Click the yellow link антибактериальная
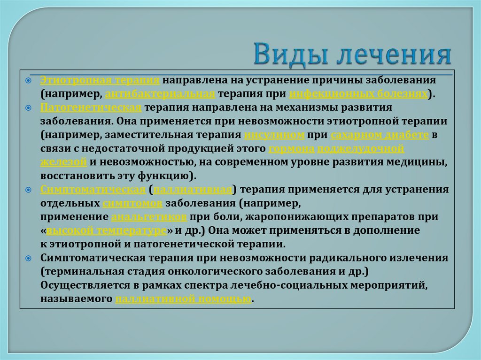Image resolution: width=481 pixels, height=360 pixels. pyautogui.click(x=160, y=94)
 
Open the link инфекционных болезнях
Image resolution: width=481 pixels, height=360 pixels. pyautogui.click(x=358, y=94)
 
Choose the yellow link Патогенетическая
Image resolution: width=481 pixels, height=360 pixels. pyautogui.click(x=91, y=107)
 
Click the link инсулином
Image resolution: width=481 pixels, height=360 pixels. pyautogui.click(x=275, y=135)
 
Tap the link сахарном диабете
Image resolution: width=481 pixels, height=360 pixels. pyautogui.click(x=380, y=135)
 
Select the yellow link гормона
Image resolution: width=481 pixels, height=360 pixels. pyautogui.click(x=291, y=148)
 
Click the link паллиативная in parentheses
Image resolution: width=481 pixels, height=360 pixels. pyautogui.click(x=193, y=190)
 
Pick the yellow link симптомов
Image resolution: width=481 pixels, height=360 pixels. pyautogui.click(x=132, y=203)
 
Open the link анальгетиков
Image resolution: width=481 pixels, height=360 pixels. pyautogui.click(x=150, y=217)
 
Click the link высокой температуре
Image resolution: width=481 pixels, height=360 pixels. pyautogui.click(x=107, y=230)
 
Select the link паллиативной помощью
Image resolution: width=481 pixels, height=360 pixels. pyautogui.click(x=183, y=299)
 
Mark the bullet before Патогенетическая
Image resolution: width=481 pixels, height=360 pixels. pyautogui.click(x=29, y=107)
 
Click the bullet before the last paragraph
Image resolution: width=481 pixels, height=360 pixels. pyautogui.click(x=29, y=258)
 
